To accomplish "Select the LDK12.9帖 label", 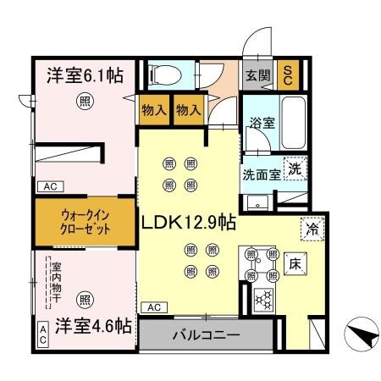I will pyautogui.click(x=188, y=223).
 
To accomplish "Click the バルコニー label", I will pyautogui.click(x=207, y=334).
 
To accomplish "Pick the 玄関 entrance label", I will pyautogui.click(x=257, y=75).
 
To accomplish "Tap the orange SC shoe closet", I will pyautogui.click(x=289, y=75).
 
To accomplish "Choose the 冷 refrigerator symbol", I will pyautogui.click(x=310, y=228).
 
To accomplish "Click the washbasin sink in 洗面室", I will pyautogui.click(x=254, y=203).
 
